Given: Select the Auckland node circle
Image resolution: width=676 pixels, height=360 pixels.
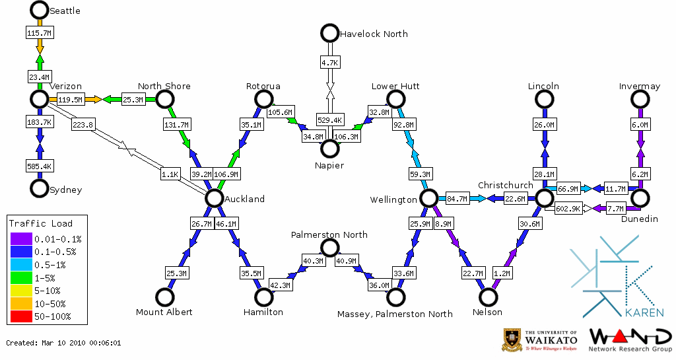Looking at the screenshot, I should click(214, 198).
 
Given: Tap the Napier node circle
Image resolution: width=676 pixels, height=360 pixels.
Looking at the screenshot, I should click(329, 147).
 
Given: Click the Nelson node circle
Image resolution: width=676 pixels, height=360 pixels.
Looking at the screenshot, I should click(488, 297).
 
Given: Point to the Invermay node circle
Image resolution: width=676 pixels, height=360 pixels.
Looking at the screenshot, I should click(640, 99).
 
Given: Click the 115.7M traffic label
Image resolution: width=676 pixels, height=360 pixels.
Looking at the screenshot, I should click(39, 32).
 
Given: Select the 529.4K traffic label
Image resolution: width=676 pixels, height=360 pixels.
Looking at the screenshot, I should click(329, 120).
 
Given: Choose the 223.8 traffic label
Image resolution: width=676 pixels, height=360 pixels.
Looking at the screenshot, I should click(83, 124).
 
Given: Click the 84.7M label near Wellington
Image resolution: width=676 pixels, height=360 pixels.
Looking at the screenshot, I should click(457, 198).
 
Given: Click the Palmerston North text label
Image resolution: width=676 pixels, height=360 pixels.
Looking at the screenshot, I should click(329, 234).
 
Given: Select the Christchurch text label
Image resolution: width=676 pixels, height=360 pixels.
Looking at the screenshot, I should click(505, 185).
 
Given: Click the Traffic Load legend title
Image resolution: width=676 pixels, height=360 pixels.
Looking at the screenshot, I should click(41, 223).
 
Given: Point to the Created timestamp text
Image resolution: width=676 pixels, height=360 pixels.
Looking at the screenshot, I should click(63, 343).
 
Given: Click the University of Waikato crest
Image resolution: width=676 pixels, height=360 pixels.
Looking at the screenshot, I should click(512, 340).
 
